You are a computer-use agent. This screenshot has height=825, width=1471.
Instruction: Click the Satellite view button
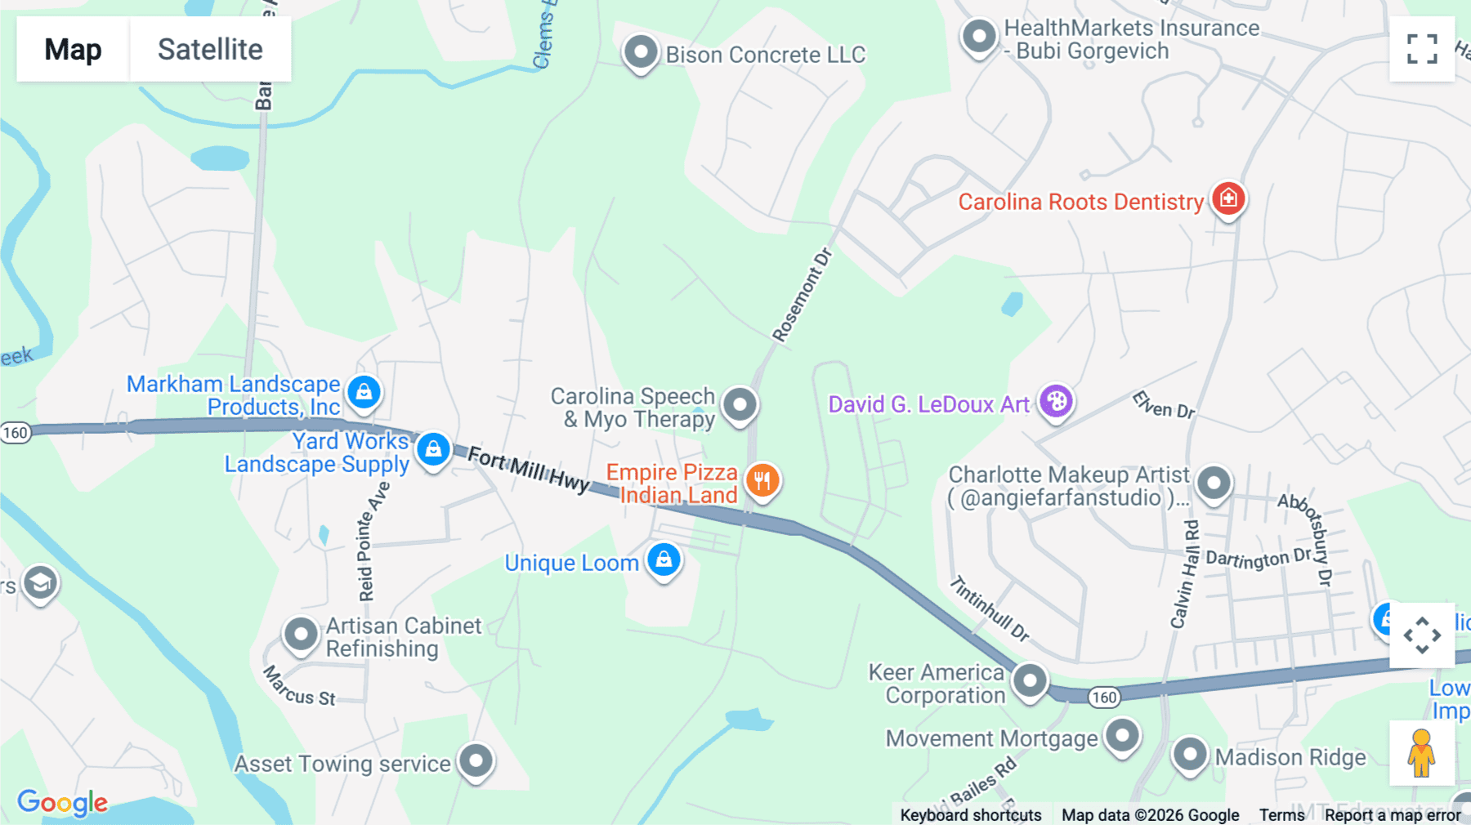[x=210, y=49]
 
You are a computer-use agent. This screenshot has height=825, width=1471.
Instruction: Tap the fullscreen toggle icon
[x=1422, y=49]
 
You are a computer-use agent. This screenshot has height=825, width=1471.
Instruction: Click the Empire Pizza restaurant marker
[x=762, y=480]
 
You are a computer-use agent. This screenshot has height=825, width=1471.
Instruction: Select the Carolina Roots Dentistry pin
[x=1227, y=198]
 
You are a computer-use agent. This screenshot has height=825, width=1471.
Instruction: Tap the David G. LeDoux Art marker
[x=1056, y=401]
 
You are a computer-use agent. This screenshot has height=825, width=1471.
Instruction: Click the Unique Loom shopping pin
[x=664, y=560]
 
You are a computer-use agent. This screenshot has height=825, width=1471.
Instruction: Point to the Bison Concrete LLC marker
[x=641, y=52]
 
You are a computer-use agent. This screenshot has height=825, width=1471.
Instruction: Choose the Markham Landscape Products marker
[x=364, y=392]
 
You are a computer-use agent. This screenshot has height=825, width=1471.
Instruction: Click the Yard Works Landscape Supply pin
[x=433, y=449]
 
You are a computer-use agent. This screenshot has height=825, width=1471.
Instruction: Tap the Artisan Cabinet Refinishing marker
[x=301, y=634]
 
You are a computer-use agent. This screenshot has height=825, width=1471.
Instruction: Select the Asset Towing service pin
[x=476, y=761]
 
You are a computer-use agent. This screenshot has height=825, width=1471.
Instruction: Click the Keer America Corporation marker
[x=1030, y=680]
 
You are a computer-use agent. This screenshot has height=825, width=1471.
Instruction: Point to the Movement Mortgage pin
[x=1122, y=736]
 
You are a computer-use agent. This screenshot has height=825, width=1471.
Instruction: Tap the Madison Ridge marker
[x=1189, y=754]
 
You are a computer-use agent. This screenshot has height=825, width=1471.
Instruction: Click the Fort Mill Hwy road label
[x=528, y=470]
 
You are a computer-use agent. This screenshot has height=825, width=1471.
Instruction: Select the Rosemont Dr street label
[x=802, y=295]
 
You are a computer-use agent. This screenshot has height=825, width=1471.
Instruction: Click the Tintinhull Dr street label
[x=989, y=609]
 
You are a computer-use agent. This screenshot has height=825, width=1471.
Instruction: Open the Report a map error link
[x=1393, y=815]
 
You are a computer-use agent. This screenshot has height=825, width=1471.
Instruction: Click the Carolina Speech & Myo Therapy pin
[x=740, y=404]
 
